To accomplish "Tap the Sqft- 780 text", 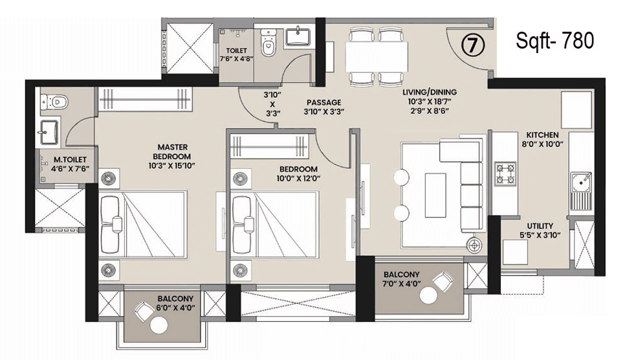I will (554, 41).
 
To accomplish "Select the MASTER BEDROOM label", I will (172, 152).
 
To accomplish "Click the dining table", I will (377, 57).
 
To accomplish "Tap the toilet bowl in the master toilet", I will (53, 102).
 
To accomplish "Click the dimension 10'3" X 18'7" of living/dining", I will (428, 102).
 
